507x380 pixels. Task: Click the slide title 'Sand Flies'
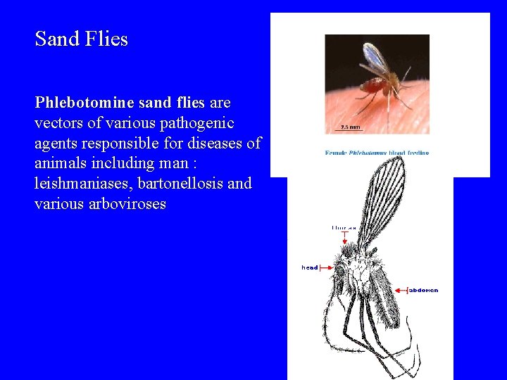(x=82, y=39)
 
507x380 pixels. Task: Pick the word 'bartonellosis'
(x=182, y=184)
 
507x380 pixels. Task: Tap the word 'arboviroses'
(x=125, y=205)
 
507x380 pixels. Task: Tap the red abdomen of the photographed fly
(x=373, y=88)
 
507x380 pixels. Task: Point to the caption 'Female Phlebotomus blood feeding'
(x=377, y=153)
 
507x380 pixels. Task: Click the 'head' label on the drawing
(x=310, y=267)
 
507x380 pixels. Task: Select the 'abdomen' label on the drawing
(x=424, y=290)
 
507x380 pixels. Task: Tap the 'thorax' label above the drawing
(x=344, y=227)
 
